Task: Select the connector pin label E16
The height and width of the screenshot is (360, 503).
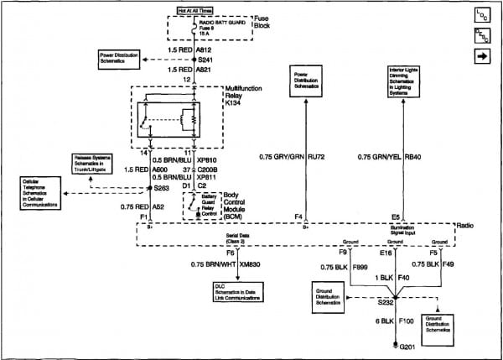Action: click(x=386, y=251)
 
